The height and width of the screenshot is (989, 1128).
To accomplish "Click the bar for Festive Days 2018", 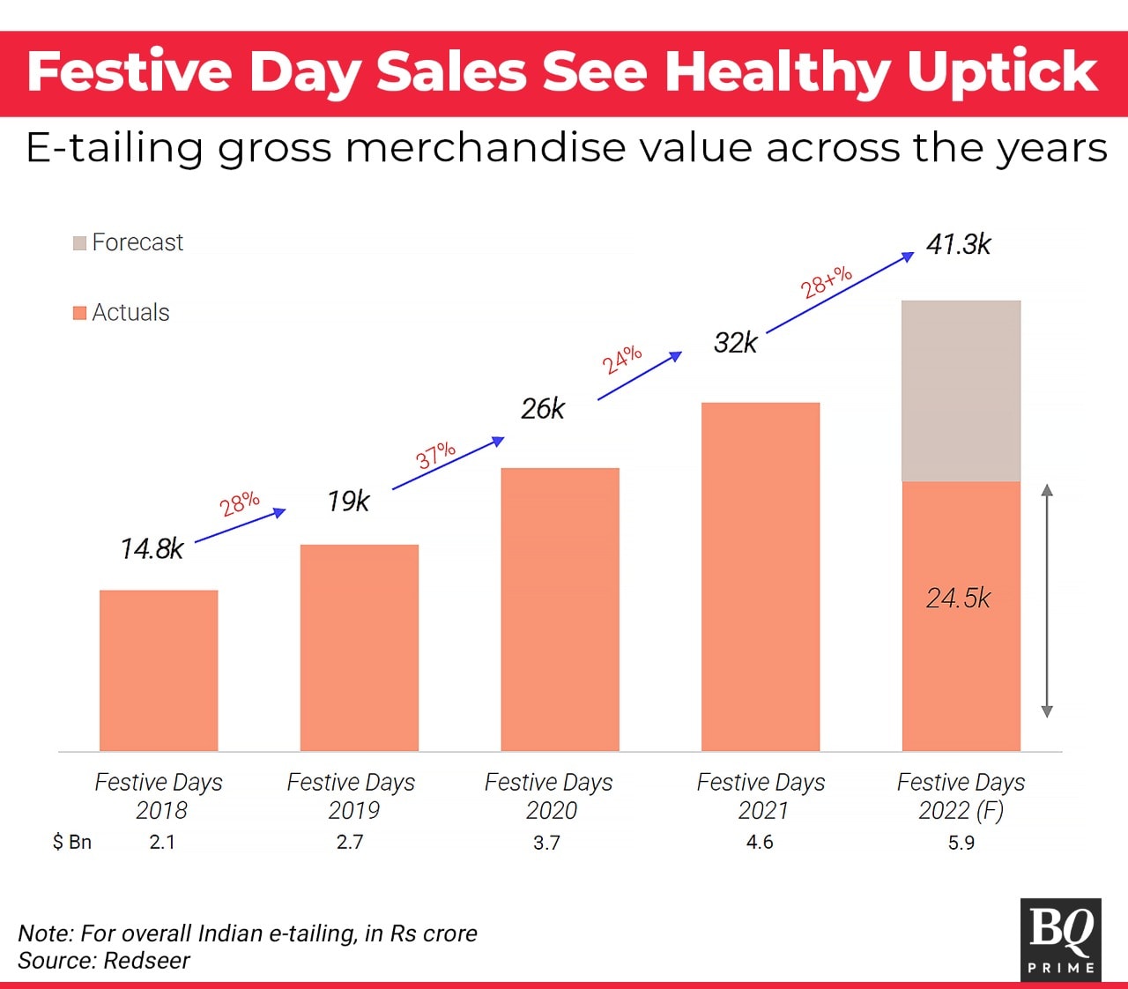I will (x=159, y=670).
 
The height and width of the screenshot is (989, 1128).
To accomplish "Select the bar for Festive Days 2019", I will (x=359, y=648).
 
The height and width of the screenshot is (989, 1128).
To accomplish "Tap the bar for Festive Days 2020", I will (x=560, y=609).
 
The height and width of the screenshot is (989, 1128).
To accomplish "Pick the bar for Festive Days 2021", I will (x=761, y=576).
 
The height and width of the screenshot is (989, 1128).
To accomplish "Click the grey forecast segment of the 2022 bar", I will (x=961, y=391).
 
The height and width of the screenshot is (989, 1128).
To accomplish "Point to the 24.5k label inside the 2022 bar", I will (x=958, y=599).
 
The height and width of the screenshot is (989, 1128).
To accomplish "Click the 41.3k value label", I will (x=958, y=244).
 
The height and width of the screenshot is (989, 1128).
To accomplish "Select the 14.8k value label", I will (x=152, y=549).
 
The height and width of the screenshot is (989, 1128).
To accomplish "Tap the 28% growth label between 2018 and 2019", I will (x=240, y=503).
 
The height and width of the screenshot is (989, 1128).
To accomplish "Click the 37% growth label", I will (x=435, y=455).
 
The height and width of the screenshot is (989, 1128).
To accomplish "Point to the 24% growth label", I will (x=622, y=360).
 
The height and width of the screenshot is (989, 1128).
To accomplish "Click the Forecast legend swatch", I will (x=80, y=242).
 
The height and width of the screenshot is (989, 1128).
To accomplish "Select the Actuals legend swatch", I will (x=80, y=313).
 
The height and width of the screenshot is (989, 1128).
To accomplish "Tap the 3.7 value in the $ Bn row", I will (x=546, y=843).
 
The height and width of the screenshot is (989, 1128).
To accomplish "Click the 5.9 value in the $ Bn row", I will (x=961, y=843).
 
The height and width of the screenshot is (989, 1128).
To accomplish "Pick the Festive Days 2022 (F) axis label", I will (x=961, y=796).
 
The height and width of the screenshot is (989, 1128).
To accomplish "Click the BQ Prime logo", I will (x=1061, y=939).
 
